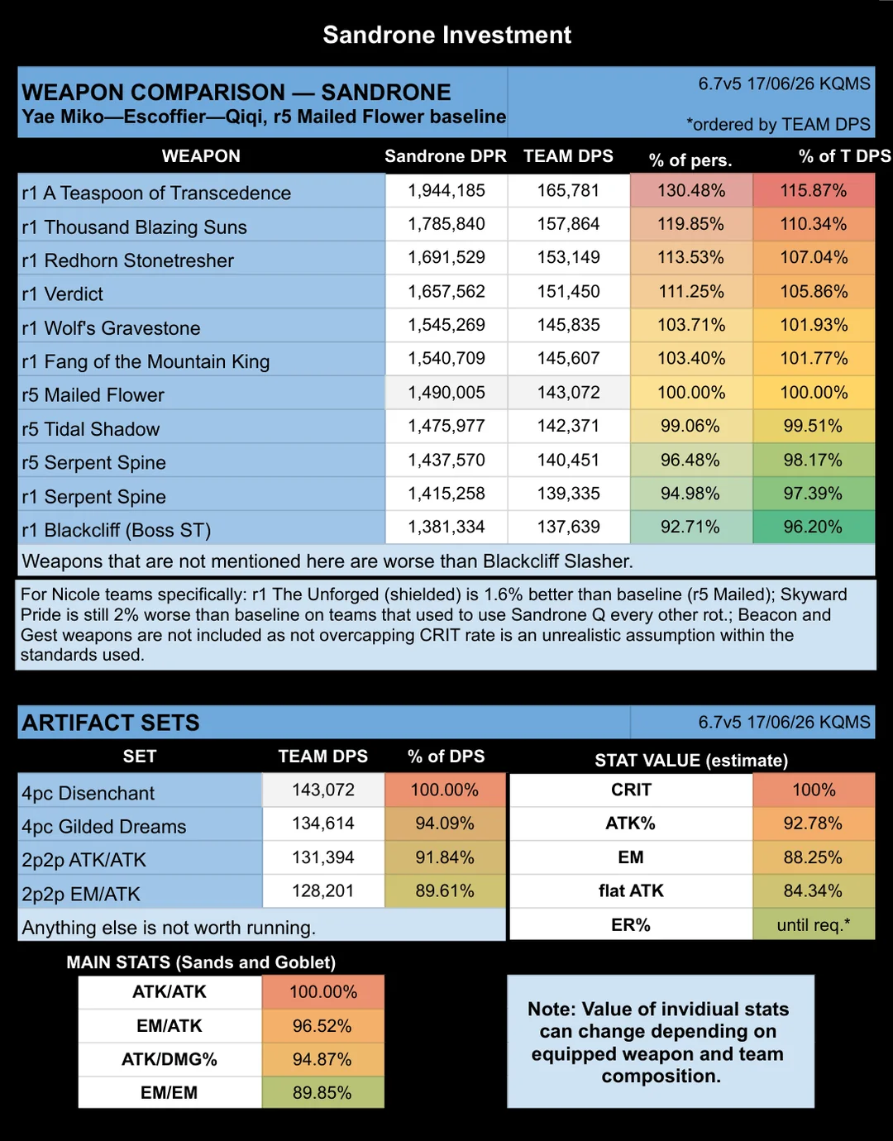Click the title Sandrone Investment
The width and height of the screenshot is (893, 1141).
click(446, 36)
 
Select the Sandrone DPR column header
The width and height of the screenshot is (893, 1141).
click(446, 156)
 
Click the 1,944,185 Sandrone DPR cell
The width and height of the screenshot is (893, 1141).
click(446, 190)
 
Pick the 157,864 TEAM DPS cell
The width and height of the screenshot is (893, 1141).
click(568, 224)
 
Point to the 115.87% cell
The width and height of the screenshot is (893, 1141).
click(813, 190)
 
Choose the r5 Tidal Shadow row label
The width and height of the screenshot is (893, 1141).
click(90, 429)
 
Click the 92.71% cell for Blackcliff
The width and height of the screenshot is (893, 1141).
click(690, 527)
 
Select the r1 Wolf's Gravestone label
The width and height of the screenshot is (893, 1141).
click(111, 328)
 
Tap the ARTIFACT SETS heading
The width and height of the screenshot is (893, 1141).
click(110, 723)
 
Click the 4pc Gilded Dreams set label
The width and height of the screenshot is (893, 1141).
click(104, 827)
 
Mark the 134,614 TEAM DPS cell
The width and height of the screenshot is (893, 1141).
click(322, 824)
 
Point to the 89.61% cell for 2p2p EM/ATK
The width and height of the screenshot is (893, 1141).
click(445, 891)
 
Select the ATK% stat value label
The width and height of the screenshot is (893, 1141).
click(631, 824)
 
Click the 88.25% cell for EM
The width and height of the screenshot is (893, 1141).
click(813, 857)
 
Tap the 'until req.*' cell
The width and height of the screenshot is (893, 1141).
click(813, 924)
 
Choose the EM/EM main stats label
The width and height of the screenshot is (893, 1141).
click(169, 1093)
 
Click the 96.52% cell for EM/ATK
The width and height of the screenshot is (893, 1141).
click(322, 1026)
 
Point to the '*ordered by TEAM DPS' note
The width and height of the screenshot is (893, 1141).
click(778, 125)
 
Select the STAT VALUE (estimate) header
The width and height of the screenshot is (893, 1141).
click(691, 761)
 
